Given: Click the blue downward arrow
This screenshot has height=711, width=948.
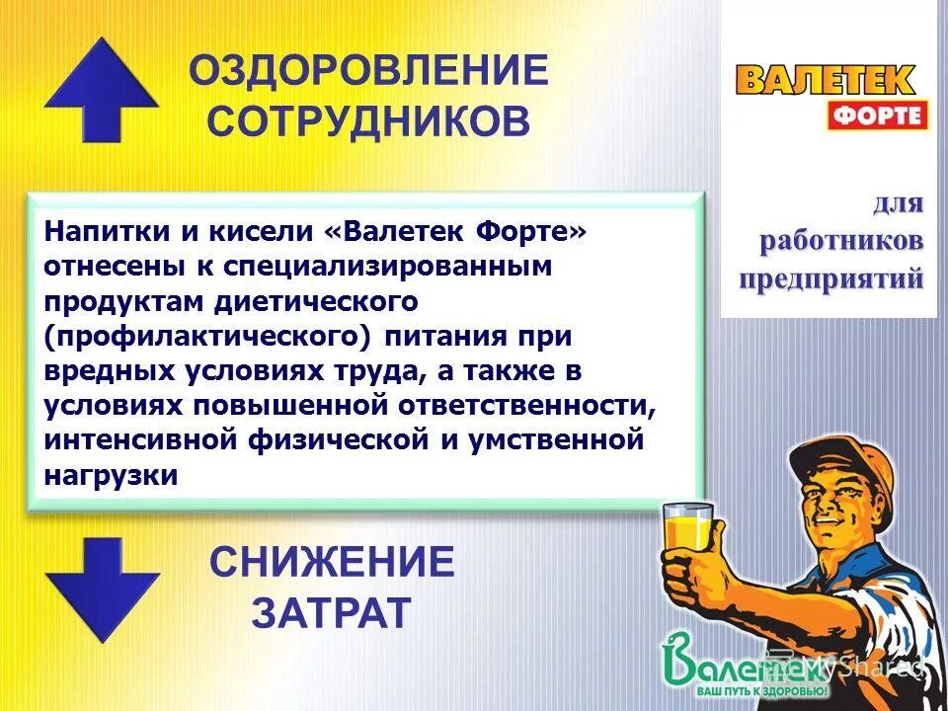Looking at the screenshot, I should [x=102, y=589].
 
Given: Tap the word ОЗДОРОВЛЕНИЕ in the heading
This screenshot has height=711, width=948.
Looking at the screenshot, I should [x=368, y=71].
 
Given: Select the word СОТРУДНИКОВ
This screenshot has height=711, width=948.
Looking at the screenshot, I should [x=368, y=122].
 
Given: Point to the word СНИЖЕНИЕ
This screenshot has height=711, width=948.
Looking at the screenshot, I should [x=332, y=563].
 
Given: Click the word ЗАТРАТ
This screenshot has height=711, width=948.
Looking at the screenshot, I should [x=330, y=613].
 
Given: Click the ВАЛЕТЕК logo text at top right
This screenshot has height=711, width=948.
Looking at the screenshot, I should [x=826, y=79].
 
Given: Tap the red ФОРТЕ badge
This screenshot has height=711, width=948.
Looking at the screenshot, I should [x=877, y=115].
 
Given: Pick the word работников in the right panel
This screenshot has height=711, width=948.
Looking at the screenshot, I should [x=841, y=241].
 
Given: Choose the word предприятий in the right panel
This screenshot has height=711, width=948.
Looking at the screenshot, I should [x=832, y=277].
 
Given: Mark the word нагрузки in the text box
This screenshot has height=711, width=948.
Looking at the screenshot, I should [x=111, y=474].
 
